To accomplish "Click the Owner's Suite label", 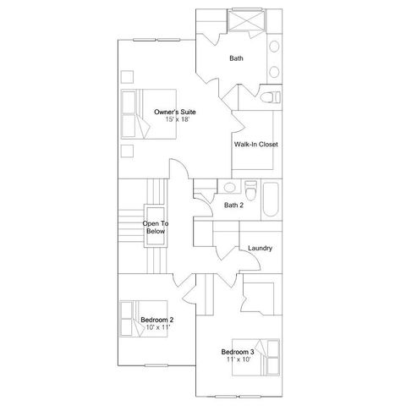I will tap(172, 112).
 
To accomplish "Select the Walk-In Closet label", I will tap(255, 145).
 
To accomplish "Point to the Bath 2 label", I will tap(233, 205).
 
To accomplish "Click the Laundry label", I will tap(260, 248).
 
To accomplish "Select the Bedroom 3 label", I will tap(238, 351).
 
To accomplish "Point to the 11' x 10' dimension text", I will tap(238, 359).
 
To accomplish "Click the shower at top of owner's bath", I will tap(246, 21).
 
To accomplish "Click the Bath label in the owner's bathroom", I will tap(237, 58).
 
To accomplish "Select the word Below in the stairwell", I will tap(156, 230).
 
